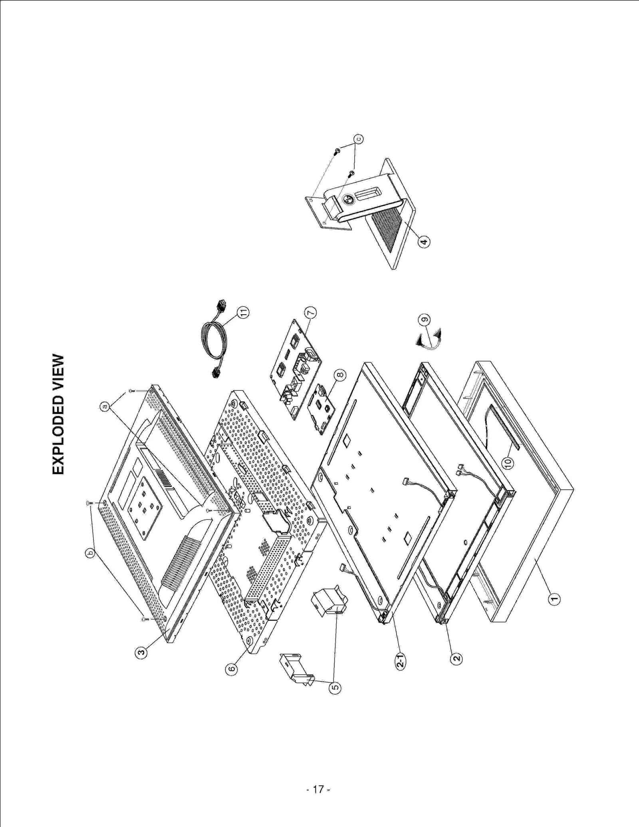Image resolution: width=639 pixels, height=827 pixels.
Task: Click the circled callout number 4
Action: coord(424,241)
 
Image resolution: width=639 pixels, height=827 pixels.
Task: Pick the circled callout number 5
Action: coord(335,687)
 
